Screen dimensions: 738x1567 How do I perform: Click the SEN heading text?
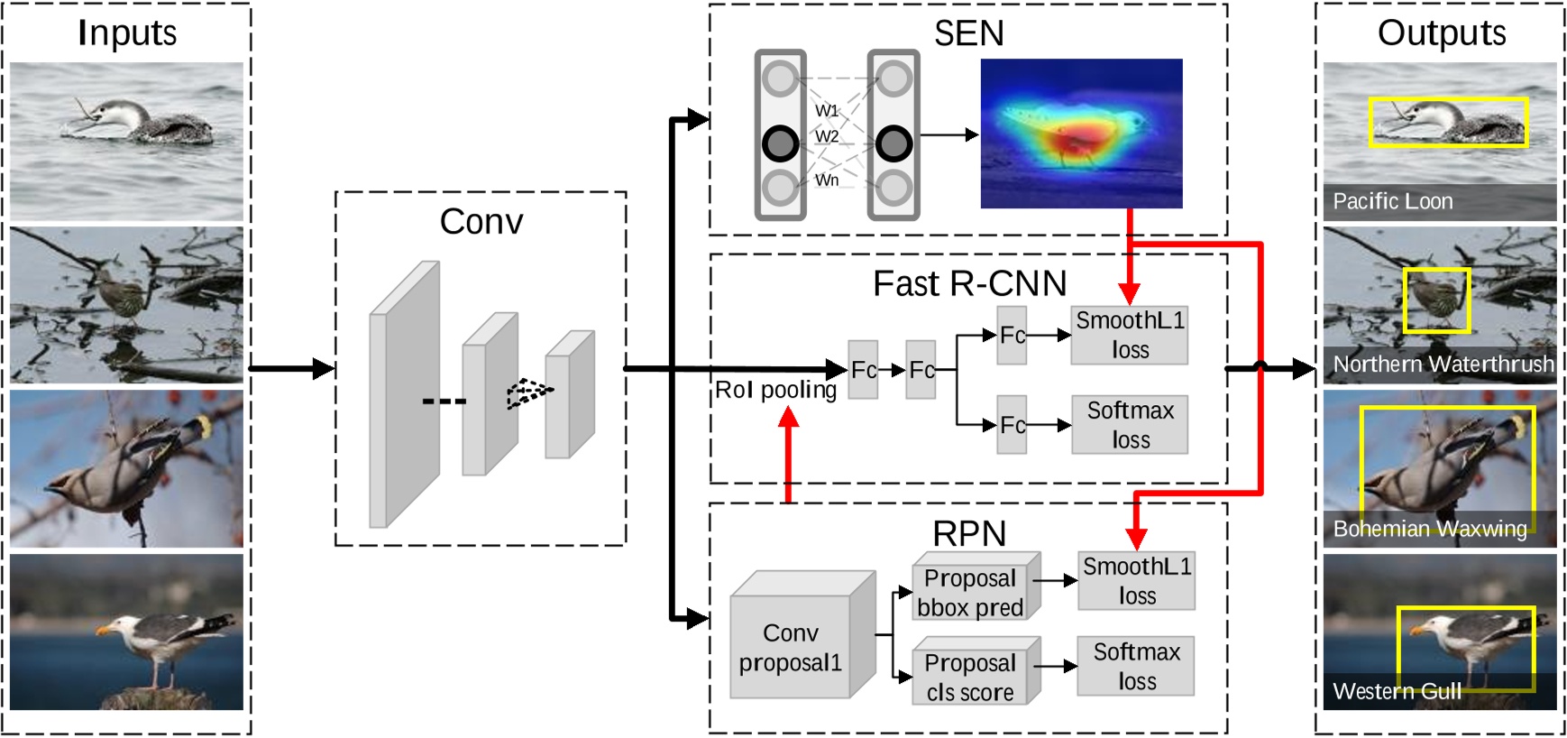click(968, 33)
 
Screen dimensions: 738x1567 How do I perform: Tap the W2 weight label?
click(827, 136)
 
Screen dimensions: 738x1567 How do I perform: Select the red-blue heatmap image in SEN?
click(1081, 134)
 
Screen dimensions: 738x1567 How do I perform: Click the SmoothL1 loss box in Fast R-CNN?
click(1129, 335)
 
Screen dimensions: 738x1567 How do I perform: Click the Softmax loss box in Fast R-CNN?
click(1129, 425)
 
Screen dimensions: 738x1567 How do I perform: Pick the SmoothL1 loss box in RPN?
click(1136, 581)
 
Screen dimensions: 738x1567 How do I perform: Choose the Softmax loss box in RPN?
click(1136, 666)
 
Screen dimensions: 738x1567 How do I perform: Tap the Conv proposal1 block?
click(791, 647)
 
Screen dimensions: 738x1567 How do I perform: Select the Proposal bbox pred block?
click(970, 592)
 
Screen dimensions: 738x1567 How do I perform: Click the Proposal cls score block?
click(970, 678)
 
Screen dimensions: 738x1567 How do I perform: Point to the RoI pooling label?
click(775, 390)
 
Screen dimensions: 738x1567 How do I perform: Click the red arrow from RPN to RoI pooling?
click(789, 456)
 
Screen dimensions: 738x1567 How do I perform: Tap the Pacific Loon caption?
click(1392, 201)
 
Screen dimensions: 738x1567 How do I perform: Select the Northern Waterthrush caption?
click(1443, 364)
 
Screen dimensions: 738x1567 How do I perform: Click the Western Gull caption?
click(1397, 692)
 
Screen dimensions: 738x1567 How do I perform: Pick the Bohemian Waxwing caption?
click(1430, 529)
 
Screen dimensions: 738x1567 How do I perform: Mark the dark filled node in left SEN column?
click(780, 143)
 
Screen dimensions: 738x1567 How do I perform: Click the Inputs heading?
click(127, 33)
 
